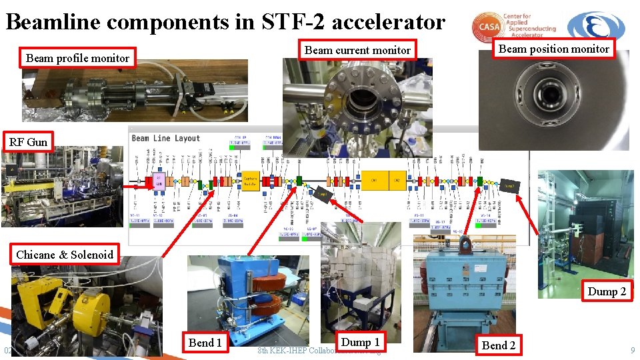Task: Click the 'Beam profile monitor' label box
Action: [77, 58]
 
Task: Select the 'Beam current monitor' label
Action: [357, 50]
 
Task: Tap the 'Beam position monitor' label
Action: [553, 49]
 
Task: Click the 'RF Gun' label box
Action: [28, 142]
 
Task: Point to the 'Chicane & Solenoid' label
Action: [65, 255]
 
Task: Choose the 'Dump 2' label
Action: [607, 291]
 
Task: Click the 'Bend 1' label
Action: [205, 343]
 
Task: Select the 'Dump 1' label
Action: [360, 342]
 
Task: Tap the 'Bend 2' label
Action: [498, 345]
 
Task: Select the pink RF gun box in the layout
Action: [160, 181]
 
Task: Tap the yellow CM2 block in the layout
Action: [396, 181]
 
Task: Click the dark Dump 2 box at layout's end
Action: [510, 186]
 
